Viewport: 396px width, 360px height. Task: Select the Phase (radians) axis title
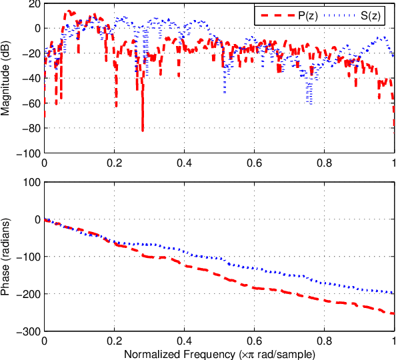pyautogui.click(x=6, y=257)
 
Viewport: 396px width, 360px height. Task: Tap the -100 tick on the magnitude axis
pyautogui.click(x=29, y=153)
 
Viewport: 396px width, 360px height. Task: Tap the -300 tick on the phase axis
pyautogui.click(x=29, y=331)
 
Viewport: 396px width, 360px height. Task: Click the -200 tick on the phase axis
pyautogui.click(x=29, y=294)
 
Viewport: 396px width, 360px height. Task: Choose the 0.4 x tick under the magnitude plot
pyautogui.click(x=184, y=162)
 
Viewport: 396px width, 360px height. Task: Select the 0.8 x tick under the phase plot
pyautogui.click(x=324, y=340)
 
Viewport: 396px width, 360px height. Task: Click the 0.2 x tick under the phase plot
pyautogui.click(x=115, y=340)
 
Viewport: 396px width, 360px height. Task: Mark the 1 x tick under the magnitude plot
pyautogui.click(x=393, y=162)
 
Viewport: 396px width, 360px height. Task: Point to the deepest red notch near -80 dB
pyautogui.click(x=142, y=129)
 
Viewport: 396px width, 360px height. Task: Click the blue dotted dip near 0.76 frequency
pyautogui.click(x=310, y=101)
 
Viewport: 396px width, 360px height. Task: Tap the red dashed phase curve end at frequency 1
pyautogui.click(x=393, y=313)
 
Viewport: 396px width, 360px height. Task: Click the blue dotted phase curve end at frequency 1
pyautogui.click(x=393, y=293)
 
